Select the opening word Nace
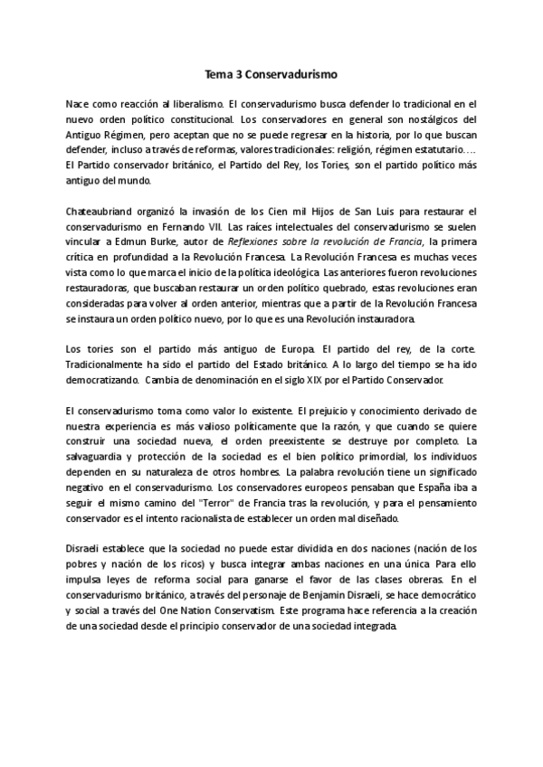click(81, 105)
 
